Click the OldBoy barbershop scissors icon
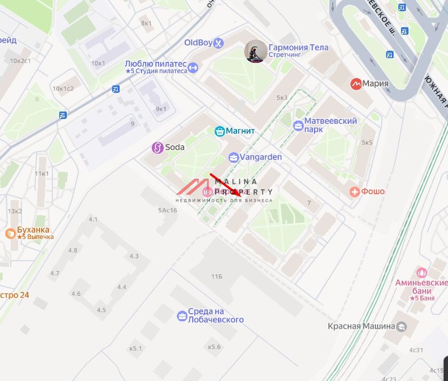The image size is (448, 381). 218,43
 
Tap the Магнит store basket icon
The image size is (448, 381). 219,131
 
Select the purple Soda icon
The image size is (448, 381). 158,147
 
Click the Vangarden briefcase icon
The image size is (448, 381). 233,157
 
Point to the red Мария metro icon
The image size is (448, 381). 356,84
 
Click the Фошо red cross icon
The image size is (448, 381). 354,192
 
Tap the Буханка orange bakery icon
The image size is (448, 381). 10,233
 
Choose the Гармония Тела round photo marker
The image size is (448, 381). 256,52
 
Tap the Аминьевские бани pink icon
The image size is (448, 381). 421,273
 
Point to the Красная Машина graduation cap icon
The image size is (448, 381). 402,326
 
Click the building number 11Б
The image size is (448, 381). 216,276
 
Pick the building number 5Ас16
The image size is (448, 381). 167,210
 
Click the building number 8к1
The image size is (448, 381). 146,23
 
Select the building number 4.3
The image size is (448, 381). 133,256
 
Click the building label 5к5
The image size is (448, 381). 367,142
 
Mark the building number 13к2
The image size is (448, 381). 14,211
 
